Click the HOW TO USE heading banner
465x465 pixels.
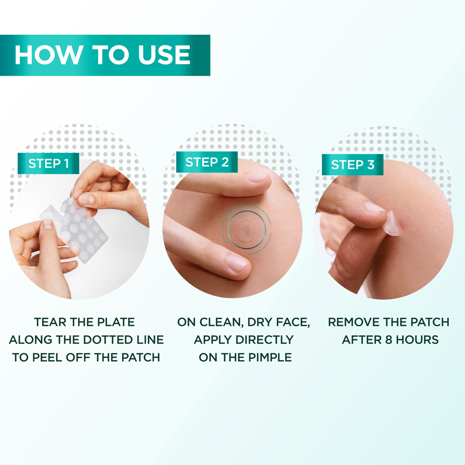pos(105,55)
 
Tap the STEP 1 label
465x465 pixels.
pos(48,164)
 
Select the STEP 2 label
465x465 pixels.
pos(207,162)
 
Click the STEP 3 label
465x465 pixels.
pos(352,165)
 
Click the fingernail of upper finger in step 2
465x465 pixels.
pos(257,177)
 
